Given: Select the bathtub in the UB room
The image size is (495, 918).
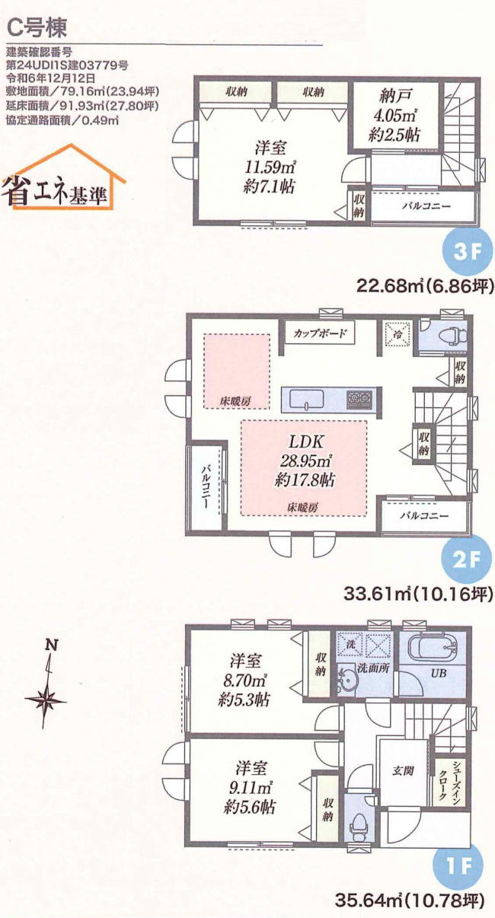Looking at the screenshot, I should tap(433, 649).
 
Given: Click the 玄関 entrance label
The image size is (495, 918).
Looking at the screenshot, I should tap(403, 770).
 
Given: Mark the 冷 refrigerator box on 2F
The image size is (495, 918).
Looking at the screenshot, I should tap(395, 333).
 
